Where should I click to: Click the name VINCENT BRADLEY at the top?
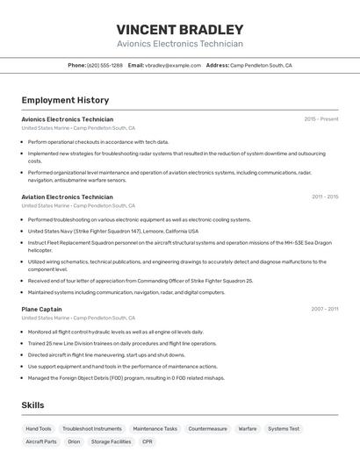pos(180,29)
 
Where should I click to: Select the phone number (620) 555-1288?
pos(104,65)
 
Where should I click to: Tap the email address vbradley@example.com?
pos(173,65)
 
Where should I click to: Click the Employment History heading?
pos(65,100)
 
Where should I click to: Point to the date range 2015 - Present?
pos(320,118)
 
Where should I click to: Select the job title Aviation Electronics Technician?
pos(68,197)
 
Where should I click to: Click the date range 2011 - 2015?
pos(324,197)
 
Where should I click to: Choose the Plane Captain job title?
pos(41,309)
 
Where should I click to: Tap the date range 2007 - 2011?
pos(324,309)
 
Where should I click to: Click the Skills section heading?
pos(32,404)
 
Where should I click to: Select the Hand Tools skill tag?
pos(39,429)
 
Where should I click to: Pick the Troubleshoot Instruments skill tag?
pos(92,429)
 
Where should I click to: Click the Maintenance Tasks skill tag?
pos(155,429)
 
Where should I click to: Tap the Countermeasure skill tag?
pos(207,429)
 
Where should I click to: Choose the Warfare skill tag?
pos(248,429)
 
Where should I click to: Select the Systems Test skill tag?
pos(284,429)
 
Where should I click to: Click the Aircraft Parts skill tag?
pos(41,442)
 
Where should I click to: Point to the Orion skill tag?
pos(74,442)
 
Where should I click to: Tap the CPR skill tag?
pos(148,442)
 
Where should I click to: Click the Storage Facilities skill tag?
pos(111,442)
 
